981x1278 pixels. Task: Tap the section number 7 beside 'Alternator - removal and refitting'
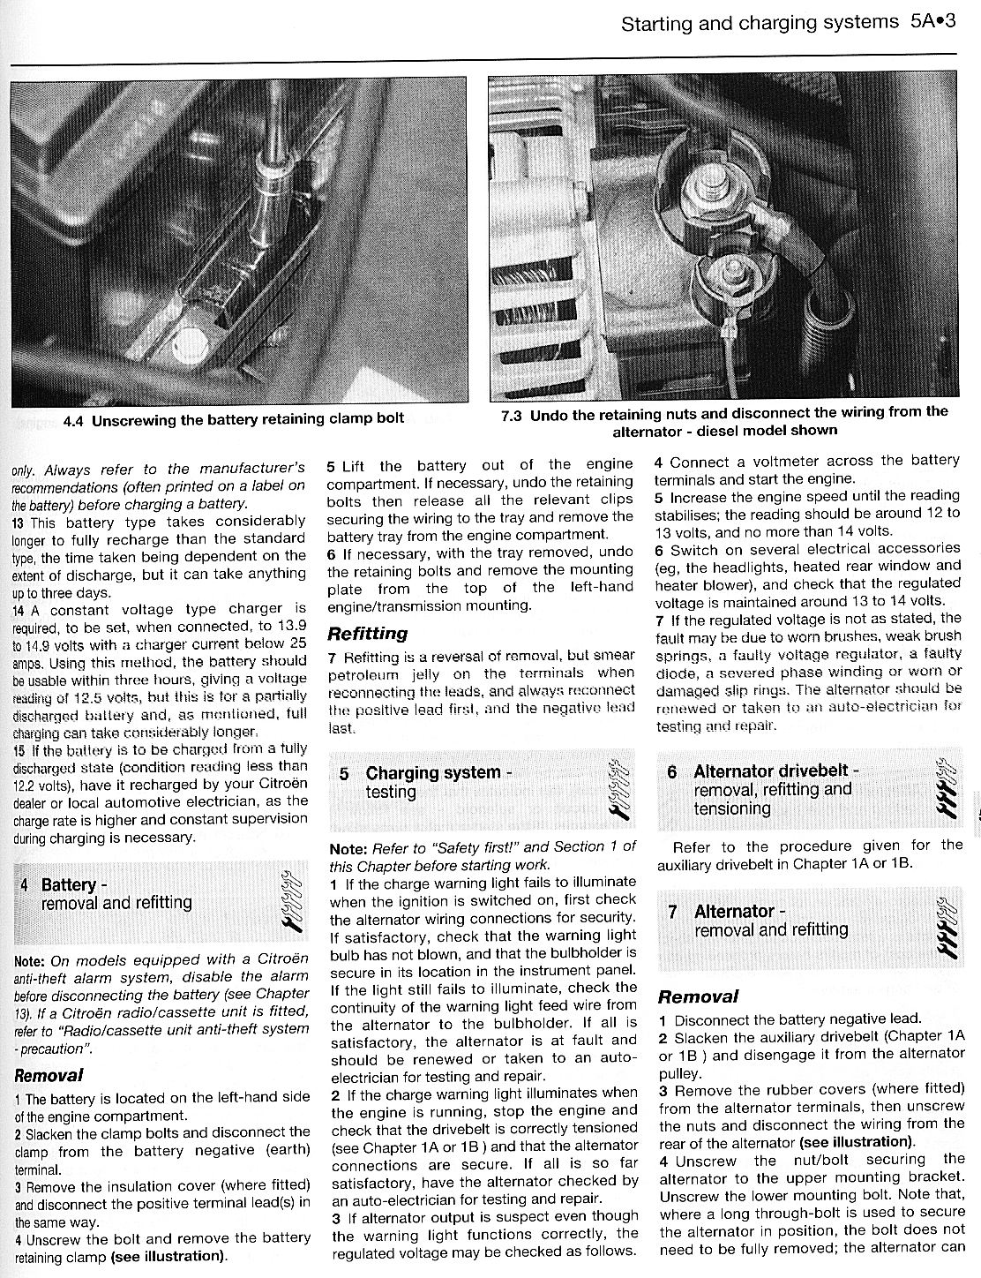pos(672,912)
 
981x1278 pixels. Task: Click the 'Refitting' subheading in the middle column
pos(367,634)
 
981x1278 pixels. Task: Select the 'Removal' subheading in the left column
pos(49,1075)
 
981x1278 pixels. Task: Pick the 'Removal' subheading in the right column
pos(698,997)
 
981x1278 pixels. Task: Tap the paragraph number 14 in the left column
pos(19,609)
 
